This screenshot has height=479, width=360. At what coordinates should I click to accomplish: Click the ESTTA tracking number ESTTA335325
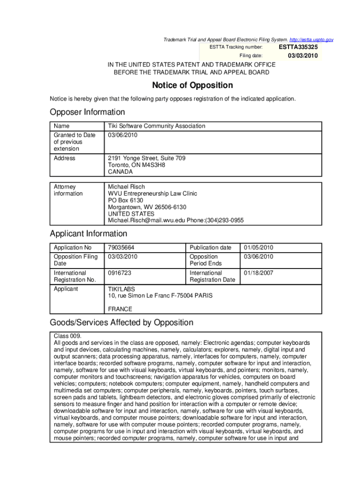click(298, 47)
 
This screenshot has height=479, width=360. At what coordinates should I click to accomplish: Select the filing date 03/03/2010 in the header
click(302, 56)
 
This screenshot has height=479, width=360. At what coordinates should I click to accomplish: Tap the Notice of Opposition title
click(192, 86)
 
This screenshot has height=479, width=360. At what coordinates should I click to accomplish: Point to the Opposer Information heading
click(87, 112)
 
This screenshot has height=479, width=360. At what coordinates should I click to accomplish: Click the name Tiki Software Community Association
click(156, 126)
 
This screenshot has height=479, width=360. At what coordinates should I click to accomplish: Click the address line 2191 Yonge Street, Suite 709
click(146, 159)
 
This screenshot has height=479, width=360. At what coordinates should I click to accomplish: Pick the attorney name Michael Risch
click(126, 187)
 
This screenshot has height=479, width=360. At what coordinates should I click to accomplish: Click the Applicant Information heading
click(88, 234)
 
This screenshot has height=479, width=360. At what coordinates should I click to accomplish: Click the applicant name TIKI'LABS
click(121, 289)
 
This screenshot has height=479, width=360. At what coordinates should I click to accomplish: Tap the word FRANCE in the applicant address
click(120, 309)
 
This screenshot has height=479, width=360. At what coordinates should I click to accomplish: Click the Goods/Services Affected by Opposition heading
click(122, 323)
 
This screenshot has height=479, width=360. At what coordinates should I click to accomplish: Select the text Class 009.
click(68, 336)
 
